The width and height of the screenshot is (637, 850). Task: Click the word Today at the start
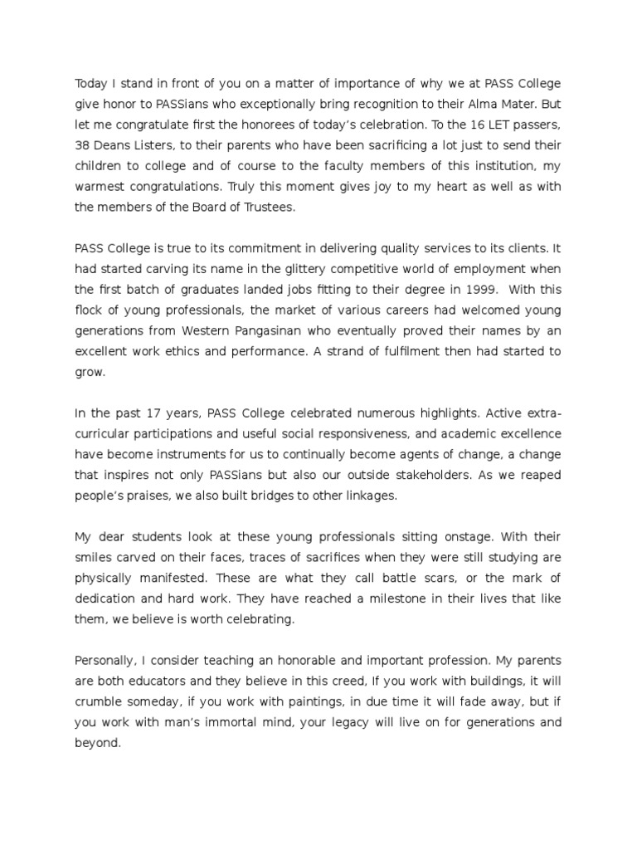point(93,83)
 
